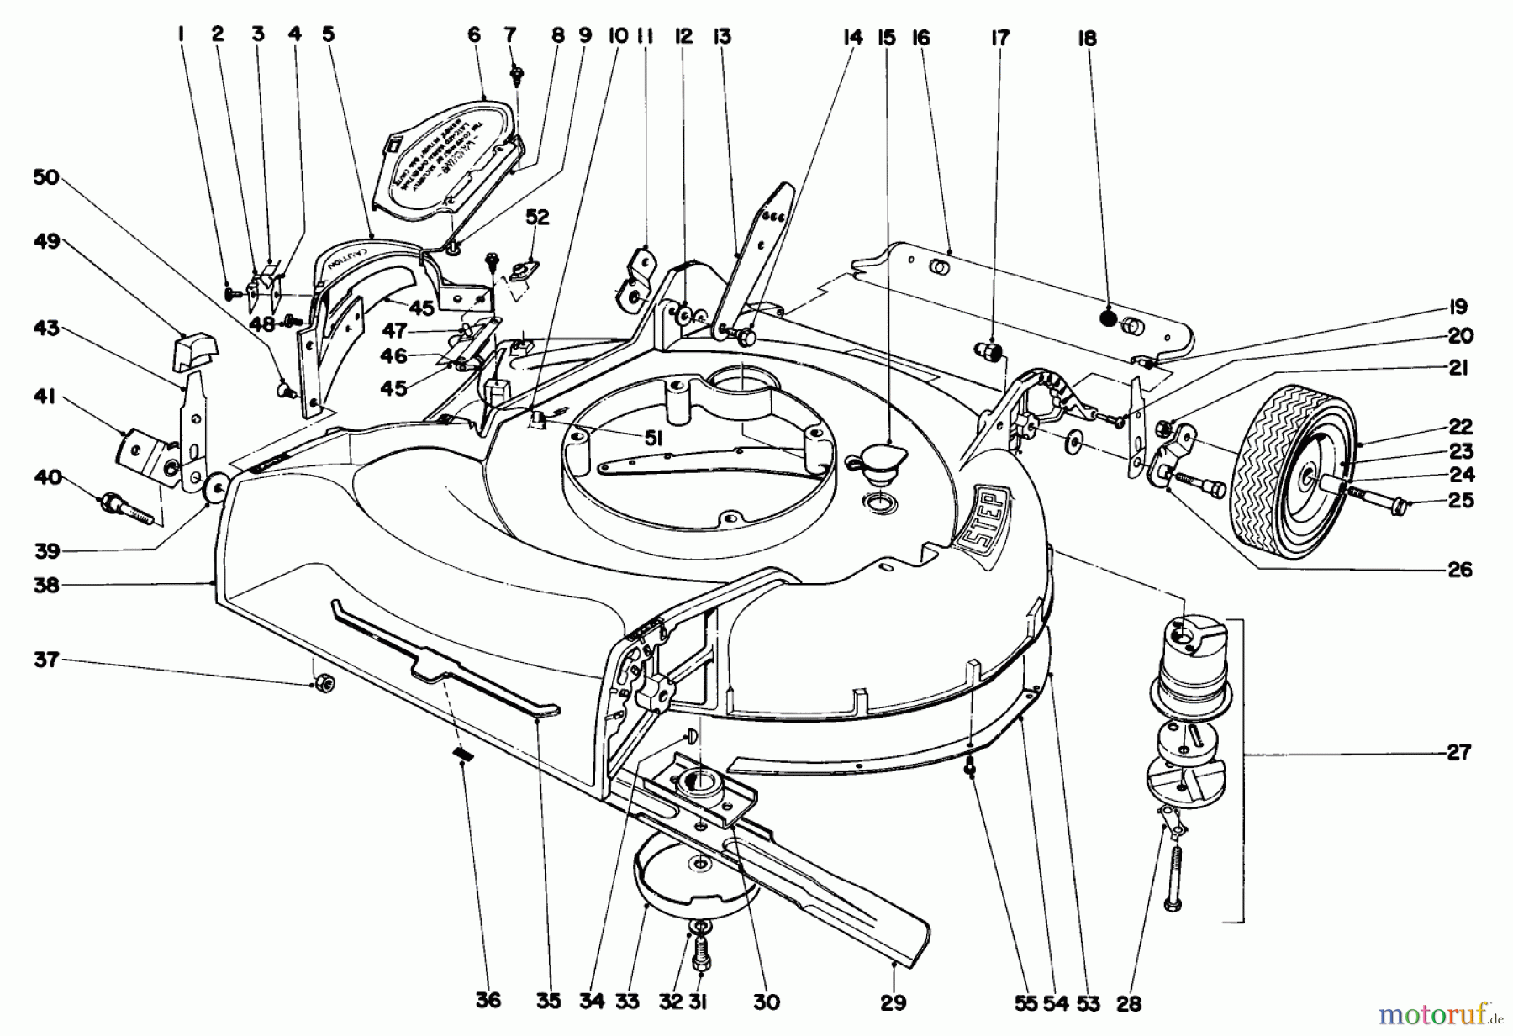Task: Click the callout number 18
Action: click(x=1088, y=39)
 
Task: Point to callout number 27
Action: click(x=1458, y=752)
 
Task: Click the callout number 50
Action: click(x=46, y=177)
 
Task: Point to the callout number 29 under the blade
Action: click(x=894, y=1002)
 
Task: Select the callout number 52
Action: click(x=537, y=218)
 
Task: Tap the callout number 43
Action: click(x=46, y=328)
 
